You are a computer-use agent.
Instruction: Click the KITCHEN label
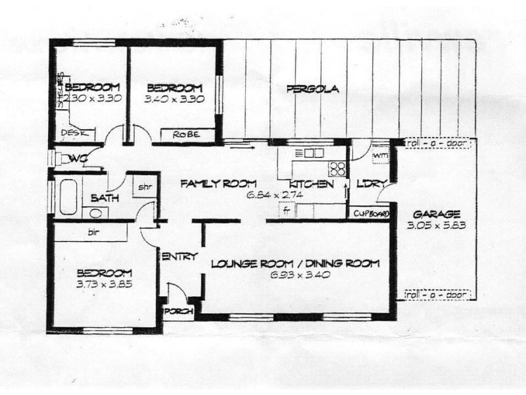(x=311, y=184)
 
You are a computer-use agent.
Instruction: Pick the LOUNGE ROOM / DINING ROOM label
(x=295, y=264)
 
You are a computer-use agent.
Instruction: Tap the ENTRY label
(x=179, y=257)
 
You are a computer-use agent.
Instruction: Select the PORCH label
(x=176, y=311)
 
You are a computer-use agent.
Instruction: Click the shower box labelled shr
(x=145, y=187)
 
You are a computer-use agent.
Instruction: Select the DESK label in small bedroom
(x=71, y=134)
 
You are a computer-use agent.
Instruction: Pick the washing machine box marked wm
(x=380, y=155)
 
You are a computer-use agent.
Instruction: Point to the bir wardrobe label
(x=92, y=232)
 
